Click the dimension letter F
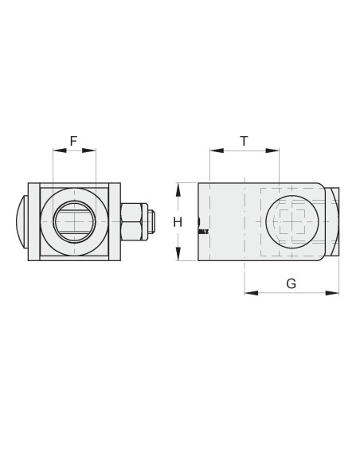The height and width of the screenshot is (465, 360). tap(73, 141)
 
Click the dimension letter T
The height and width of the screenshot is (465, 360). tap(244, 141)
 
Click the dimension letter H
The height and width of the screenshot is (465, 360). tap(178, 222)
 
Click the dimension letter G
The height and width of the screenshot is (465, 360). tap(291, 283)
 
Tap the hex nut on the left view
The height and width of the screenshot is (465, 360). tap(131, 221)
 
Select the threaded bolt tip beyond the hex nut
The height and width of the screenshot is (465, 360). tap(151, 221)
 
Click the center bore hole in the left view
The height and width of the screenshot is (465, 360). tap(73, 221)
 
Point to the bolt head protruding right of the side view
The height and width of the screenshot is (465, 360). tap(334, 221)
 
